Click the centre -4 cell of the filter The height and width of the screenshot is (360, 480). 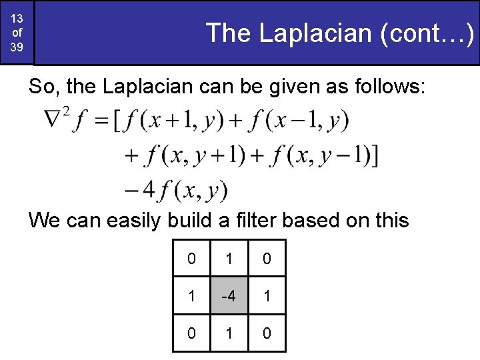229,295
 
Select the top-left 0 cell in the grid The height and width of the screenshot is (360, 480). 191,259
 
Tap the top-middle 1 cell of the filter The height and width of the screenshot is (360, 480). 229,259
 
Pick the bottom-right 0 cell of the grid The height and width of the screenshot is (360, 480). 267,332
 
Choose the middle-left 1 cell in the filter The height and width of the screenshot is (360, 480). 191,295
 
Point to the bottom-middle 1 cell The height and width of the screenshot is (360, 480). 229,332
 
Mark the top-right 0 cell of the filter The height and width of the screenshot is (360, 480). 267,259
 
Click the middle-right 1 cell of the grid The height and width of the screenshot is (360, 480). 267,295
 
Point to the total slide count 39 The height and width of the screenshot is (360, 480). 17,47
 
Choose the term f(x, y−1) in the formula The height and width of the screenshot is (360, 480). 313,157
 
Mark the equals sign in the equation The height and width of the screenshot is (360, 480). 101,122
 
